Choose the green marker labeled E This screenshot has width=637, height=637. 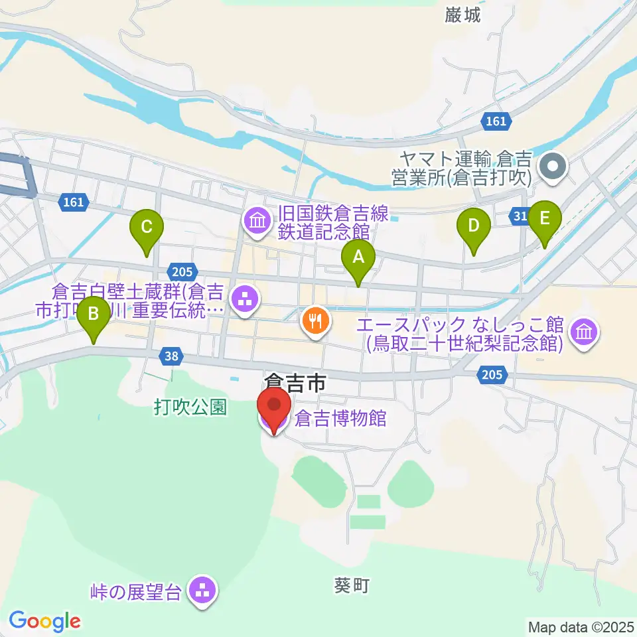[545, 219]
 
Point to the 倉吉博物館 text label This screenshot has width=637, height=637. [341, 419]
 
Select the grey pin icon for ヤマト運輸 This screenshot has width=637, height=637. [553, 166]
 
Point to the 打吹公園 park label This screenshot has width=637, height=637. [191, 407]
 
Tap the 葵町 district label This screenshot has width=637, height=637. [351, 585]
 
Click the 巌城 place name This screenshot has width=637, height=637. [463, 16]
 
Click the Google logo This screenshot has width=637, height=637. [45, 621]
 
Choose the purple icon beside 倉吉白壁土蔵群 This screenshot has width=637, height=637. [244, 299]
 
